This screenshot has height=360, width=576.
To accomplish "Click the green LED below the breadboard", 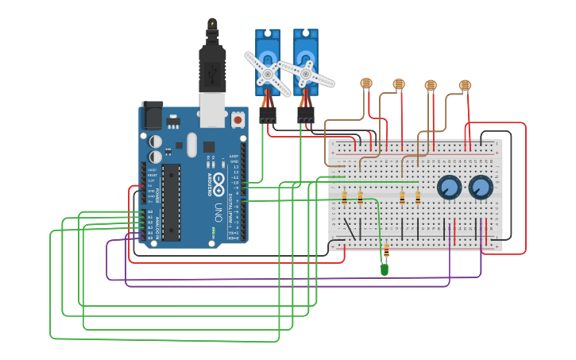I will pos(385,269).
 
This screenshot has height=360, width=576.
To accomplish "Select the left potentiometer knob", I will pos(449,188).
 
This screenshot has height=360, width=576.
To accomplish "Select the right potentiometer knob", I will pos(480,188).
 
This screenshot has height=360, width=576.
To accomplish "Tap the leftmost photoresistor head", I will pos(366,83).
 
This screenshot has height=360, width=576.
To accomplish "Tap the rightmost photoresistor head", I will pos(465,84).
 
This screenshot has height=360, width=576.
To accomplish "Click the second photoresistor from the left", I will pos(399,83).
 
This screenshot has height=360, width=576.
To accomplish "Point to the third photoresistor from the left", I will pos(431,84).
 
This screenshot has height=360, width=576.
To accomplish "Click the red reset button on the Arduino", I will pos(238,120).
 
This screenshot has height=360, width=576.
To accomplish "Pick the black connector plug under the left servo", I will pos(268,116).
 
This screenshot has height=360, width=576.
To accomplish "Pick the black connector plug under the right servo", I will pos(306,116).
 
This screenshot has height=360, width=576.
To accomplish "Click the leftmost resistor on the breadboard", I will pos(344,197).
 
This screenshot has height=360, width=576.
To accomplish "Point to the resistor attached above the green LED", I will pos(386,254).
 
